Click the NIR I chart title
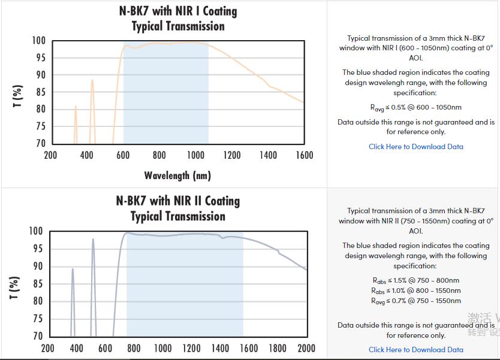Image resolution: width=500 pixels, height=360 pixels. point(178,19)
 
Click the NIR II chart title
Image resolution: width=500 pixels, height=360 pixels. point(178,208)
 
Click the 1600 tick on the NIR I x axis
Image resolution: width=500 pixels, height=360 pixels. point(304,156)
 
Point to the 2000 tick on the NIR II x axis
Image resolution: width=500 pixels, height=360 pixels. point(306,349)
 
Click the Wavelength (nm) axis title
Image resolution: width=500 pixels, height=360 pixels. point(177,176)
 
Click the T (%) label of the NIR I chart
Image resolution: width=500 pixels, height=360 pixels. point(18,96)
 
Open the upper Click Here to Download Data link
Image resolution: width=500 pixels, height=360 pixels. point(415,146)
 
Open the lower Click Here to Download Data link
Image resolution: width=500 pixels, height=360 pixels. point(415,349)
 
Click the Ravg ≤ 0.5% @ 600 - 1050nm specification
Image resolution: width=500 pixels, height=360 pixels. point(415,108)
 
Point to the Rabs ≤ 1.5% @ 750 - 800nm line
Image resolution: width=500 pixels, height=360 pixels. point(415,280)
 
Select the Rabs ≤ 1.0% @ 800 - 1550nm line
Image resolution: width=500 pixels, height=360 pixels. point(415,291)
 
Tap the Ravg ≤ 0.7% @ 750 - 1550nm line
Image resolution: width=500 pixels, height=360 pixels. point(415,301)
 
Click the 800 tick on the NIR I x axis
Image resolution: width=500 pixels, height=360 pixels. point(159,156)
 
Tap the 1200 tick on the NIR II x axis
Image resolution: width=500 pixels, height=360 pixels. point(191,349)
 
